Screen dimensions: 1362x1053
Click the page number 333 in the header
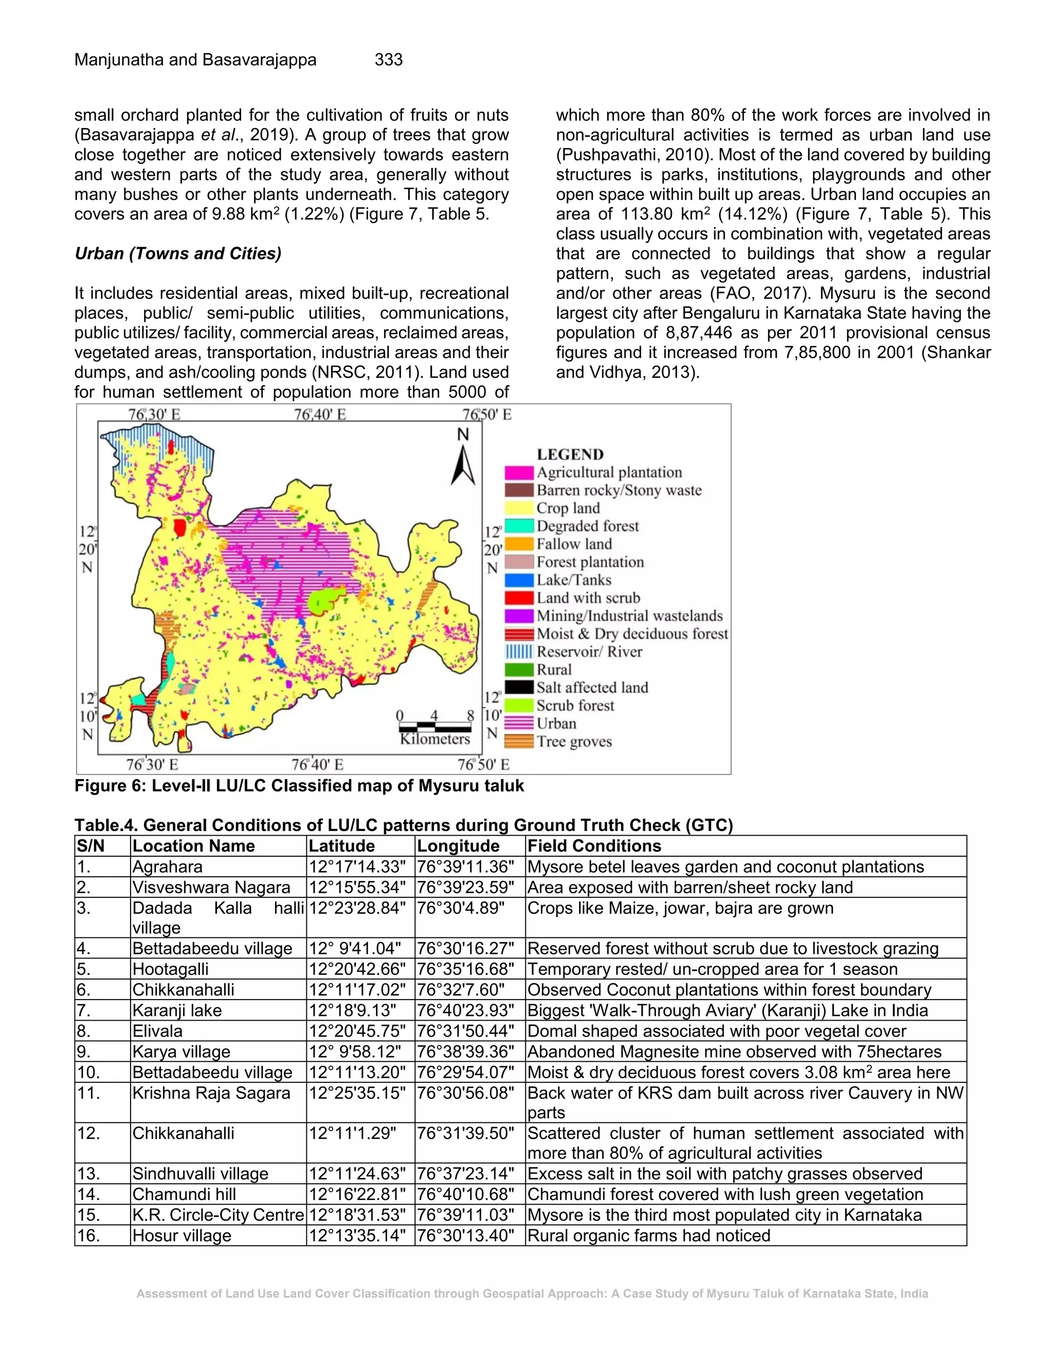[388, 60]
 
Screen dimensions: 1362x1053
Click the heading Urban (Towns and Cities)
[178, 254]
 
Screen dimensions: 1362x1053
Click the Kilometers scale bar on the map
[435, 728]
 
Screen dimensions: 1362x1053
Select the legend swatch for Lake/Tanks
[519, 580]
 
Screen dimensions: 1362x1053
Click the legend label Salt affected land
[592, 687]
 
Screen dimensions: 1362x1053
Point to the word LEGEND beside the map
[570, 454]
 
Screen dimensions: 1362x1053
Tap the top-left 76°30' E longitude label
[153, 414]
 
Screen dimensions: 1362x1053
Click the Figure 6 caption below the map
[299, 786]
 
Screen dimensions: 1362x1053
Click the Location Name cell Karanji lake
[177, 1010]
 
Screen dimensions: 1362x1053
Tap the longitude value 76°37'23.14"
[465, 1174]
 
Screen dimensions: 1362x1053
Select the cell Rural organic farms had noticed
[649, 1236]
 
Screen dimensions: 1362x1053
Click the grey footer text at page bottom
[532, 1294]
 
